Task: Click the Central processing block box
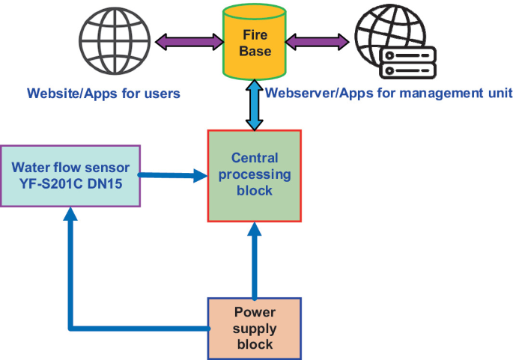pyautogui.click(x=254, y=175)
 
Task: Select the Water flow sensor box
pyautogui.click(x=70, y=176)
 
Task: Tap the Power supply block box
pyautogui.click(x=254, y=329)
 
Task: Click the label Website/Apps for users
pyautogui.click(x=103, y=94)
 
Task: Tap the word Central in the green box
pyautogui.click(x=255, y=158)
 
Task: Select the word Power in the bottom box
pyautogui.click(x=255, y=313)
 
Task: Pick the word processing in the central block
pyautogui.click(x=255, y=174)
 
